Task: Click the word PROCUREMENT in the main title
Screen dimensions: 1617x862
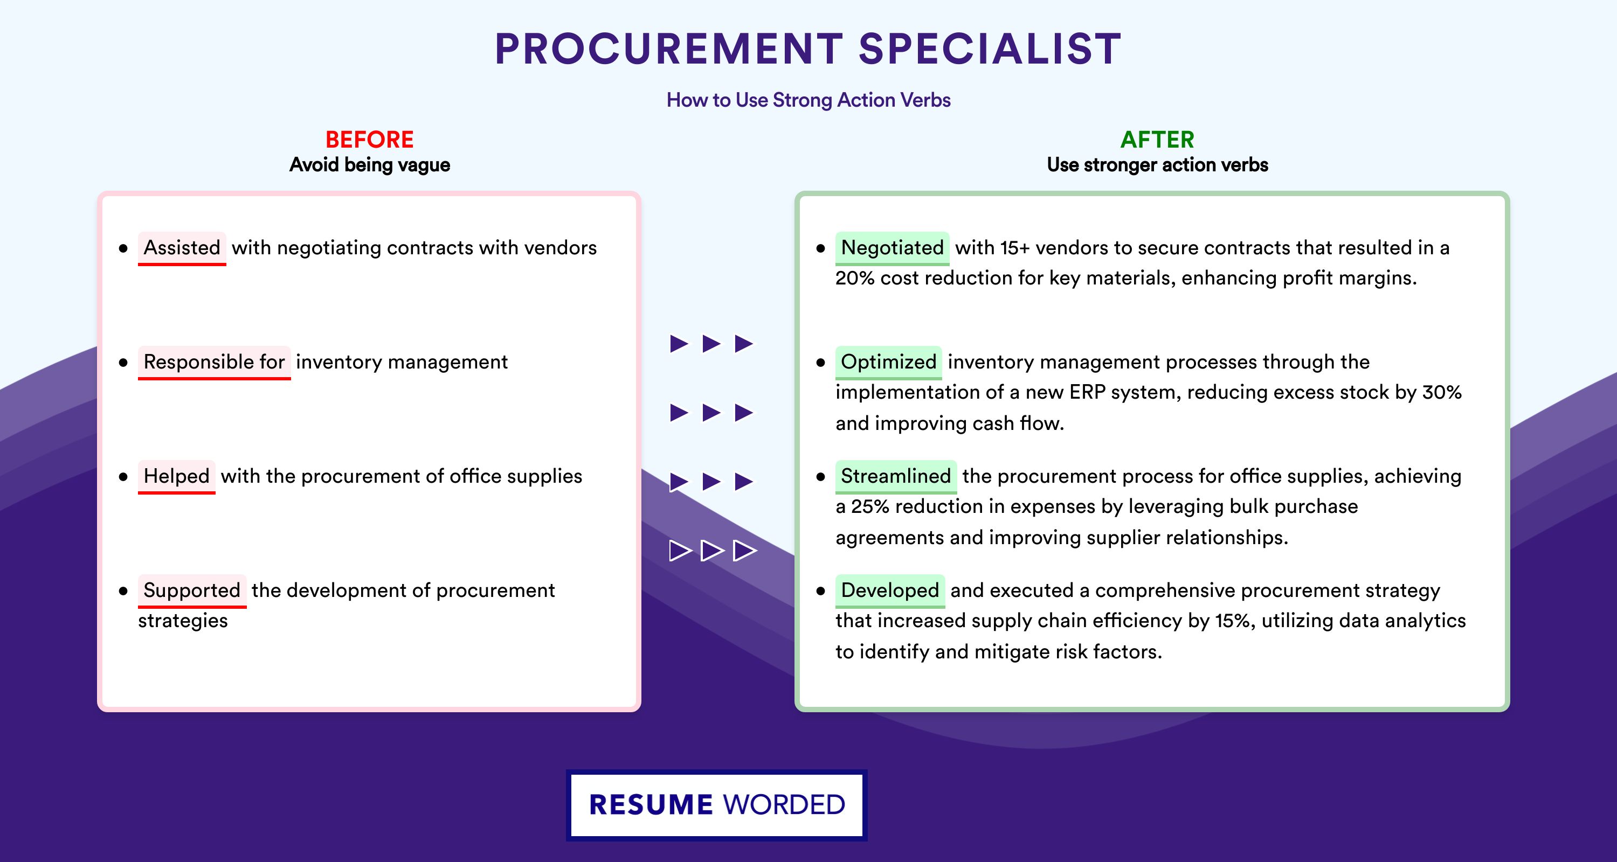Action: tap(668, 48)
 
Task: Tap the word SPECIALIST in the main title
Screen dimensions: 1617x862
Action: tap(990, 48)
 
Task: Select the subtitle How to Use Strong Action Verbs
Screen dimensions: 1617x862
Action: tap(808, 100)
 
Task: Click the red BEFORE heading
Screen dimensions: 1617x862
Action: tap(370, 140)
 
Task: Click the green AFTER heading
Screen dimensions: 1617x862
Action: tap(1158, 140)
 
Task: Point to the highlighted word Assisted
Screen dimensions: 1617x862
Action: tap(182, 248)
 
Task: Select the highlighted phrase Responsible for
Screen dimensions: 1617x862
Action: tap(214, 362)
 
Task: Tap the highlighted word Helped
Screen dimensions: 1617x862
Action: tap(176, 476)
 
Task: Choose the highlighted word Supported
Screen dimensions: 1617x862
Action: tap(192, 590)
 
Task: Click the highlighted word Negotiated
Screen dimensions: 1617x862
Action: tap(892, 248)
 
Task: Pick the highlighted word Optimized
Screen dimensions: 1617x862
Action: tap(888, 362)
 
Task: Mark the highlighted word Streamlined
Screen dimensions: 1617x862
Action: tap(896, 476)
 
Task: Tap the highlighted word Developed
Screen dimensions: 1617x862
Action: tap(890, 590)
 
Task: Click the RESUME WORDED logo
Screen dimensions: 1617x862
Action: tap(717, 805)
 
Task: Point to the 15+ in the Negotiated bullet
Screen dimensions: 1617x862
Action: tap(1015, 248)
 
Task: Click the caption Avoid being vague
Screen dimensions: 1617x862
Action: tap(370, 165)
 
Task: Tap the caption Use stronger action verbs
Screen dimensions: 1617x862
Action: tap(1158, 165)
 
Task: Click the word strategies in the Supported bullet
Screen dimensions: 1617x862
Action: tap(183, 621)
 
